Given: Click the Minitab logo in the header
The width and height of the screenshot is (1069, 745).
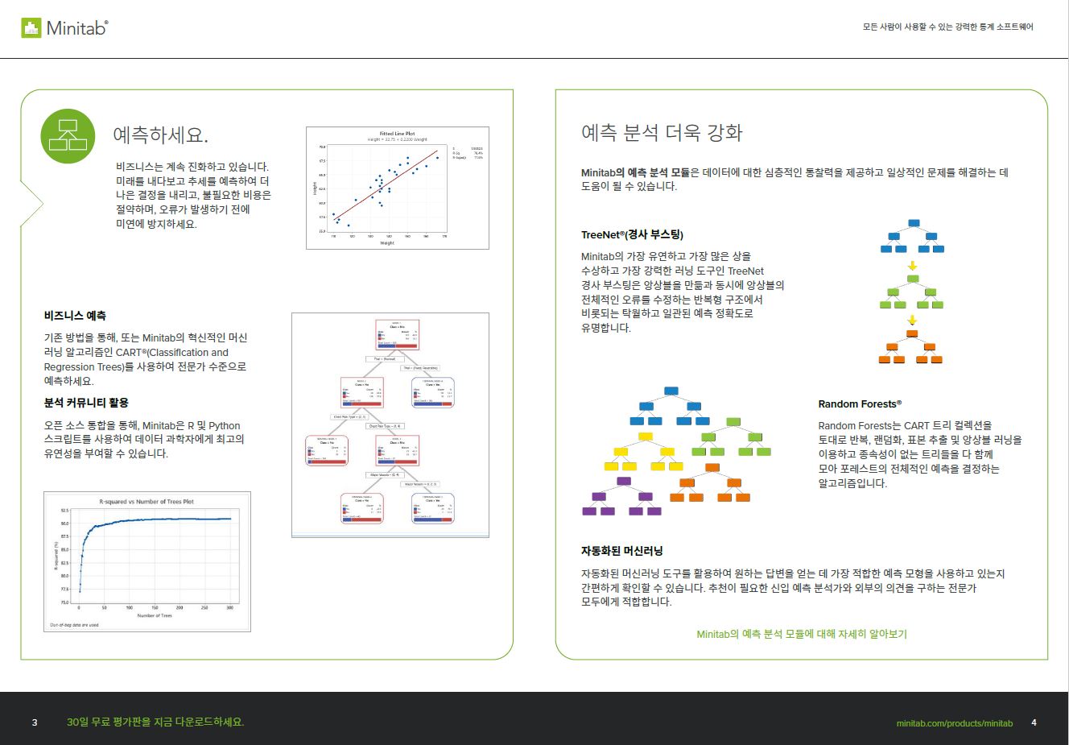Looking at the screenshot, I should (x=64, y=28).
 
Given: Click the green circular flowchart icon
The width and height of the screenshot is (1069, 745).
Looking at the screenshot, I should (x=68, y=136).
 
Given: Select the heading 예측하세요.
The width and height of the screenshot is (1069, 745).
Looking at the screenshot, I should (x=161, y=135).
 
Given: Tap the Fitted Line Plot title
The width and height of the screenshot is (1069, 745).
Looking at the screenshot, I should (x=397, y=134).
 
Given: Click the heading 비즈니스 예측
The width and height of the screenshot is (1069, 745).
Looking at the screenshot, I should (x=75, y=316).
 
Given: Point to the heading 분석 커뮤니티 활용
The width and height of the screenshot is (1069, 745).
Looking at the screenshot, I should (x=86, y=403).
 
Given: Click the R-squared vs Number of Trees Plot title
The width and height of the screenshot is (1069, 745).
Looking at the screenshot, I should (x=147, y=501).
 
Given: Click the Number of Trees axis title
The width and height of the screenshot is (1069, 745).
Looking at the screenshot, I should (x=155, y=615).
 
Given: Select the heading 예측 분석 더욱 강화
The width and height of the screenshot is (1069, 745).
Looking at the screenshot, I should (x=662, y=133).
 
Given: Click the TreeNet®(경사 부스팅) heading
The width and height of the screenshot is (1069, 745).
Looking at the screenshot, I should (x=632, y=235).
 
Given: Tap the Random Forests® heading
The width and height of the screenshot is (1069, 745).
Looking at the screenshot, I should (x=860, y=404).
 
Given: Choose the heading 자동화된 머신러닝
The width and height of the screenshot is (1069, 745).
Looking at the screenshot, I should (x=621, y=551).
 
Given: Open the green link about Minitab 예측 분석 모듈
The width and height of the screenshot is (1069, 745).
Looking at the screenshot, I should (x=801, y=634).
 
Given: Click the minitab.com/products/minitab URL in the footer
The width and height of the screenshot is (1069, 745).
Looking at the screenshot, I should (x=954, y=723).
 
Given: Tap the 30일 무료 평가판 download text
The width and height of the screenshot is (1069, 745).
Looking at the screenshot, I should (x=155, y=722).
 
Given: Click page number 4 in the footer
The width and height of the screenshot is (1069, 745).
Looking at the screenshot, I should (x=1034, y=722).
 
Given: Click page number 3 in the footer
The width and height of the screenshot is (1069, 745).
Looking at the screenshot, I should (x=35, y=722).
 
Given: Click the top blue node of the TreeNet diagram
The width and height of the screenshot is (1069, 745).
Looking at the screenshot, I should (x=913, y=223).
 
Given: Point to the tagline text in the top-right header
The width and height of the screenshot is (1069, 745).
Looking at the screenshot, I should (x=947, y=27).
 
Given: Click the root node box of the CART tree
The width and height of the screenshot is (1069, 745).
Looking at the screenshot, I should (x=397, y=334).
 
